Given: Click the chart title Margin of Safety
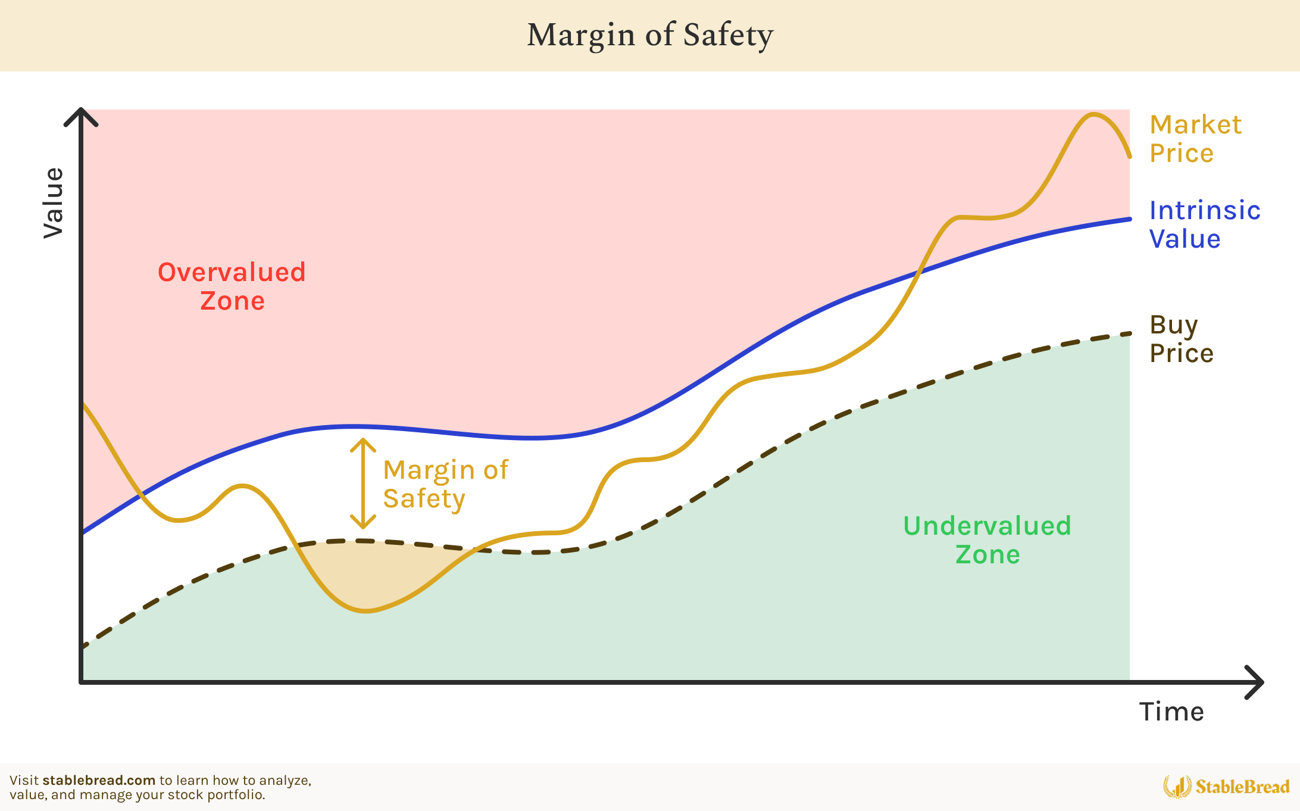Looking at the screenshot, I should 650,35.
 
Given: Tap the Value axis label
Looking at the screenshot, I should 54,203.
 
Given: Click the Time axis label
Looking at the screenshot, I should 1171,712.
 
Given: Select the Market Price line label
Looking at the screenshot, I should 1195,139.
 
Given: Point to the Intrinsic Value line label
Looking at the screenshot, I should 1204,224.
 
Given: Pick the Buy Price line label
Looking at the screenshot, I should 1181,339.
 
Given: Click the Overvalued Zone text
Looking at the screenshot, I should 232,286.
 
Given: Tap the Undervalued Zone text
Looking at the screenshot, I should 987,540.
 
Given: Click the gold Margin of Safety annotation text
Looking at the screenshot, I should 445,484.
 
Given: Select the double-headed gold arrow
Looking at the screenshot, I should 362,484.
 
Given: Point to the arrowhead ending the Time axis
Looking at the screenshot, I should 1257,682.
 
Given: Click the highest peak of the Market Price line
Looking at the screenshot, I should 1093,114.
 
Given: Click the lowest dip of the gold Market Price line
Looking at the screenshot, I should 366,611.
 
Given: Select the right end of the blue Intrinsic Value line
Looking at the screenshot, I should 1129,219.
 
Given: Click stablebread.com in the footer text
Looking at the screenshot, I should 99,781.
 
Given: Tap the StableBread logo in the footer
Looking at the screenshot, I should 1226,787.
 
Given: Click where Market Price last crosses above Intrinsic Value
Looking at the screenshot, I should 919,272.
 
